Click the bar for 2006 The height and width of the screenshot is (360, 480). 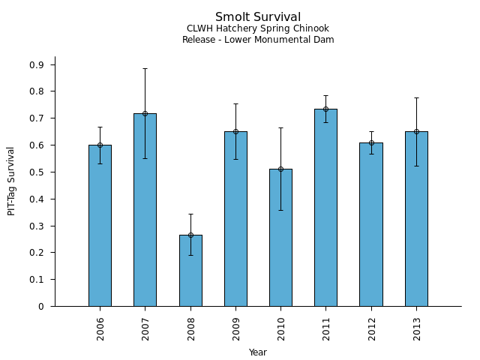click(100, 225)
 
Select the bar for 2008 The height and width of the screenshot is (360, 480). click(190, 270)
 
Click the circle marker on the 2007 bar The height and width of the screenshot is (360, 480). click(145, 113)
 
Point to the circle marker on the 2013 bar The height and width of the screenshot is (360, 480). click(416, 131)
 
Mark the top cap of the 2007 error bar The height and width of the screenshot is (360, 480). click(145, 68)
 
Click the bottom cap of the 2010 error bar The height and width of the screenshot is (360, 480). click(280, 210)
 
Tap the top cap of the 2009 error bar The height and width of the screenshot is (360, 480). click(235, 103)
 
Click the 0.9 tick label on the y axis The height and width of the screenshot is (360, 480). click(37, 64)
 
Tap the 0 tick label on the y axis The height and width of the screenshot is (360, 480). click(42, 306)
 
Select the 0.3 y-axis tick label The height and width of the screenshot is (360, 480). click(37, 226)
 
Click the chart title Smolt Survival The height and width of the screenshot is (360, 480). click(258, 17)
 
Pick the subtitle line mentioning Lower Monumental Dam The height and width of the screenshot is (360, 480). click(258, 40)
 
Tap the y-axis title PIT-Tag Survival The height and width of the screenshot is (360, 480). click(11, 181)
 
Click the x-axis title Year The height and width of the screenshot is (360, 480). click(258, 352)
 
